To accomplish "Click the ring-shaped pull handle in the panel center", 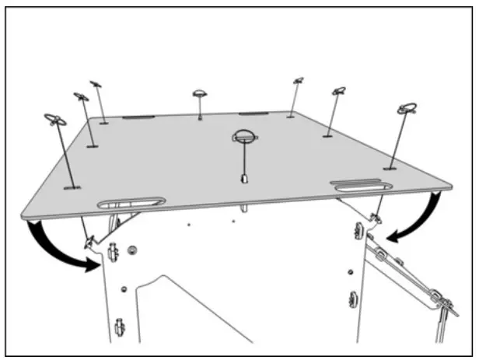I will (243, 137).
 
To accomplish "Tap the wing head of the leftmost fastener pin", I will (55, 120).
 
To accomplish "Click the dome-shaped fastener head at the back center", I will (200, 93).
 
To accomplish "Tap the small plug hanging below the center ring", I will (243, 177).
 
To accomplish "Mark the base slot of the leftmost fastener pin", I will (72, 187).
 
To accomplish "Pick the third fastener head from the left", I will (96, 83).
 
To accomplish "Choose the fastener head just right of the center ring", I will (298, 80).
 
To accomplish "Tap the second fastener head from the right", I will (338, 92).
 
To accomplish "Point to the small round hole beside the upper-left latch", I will (132, 250).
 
